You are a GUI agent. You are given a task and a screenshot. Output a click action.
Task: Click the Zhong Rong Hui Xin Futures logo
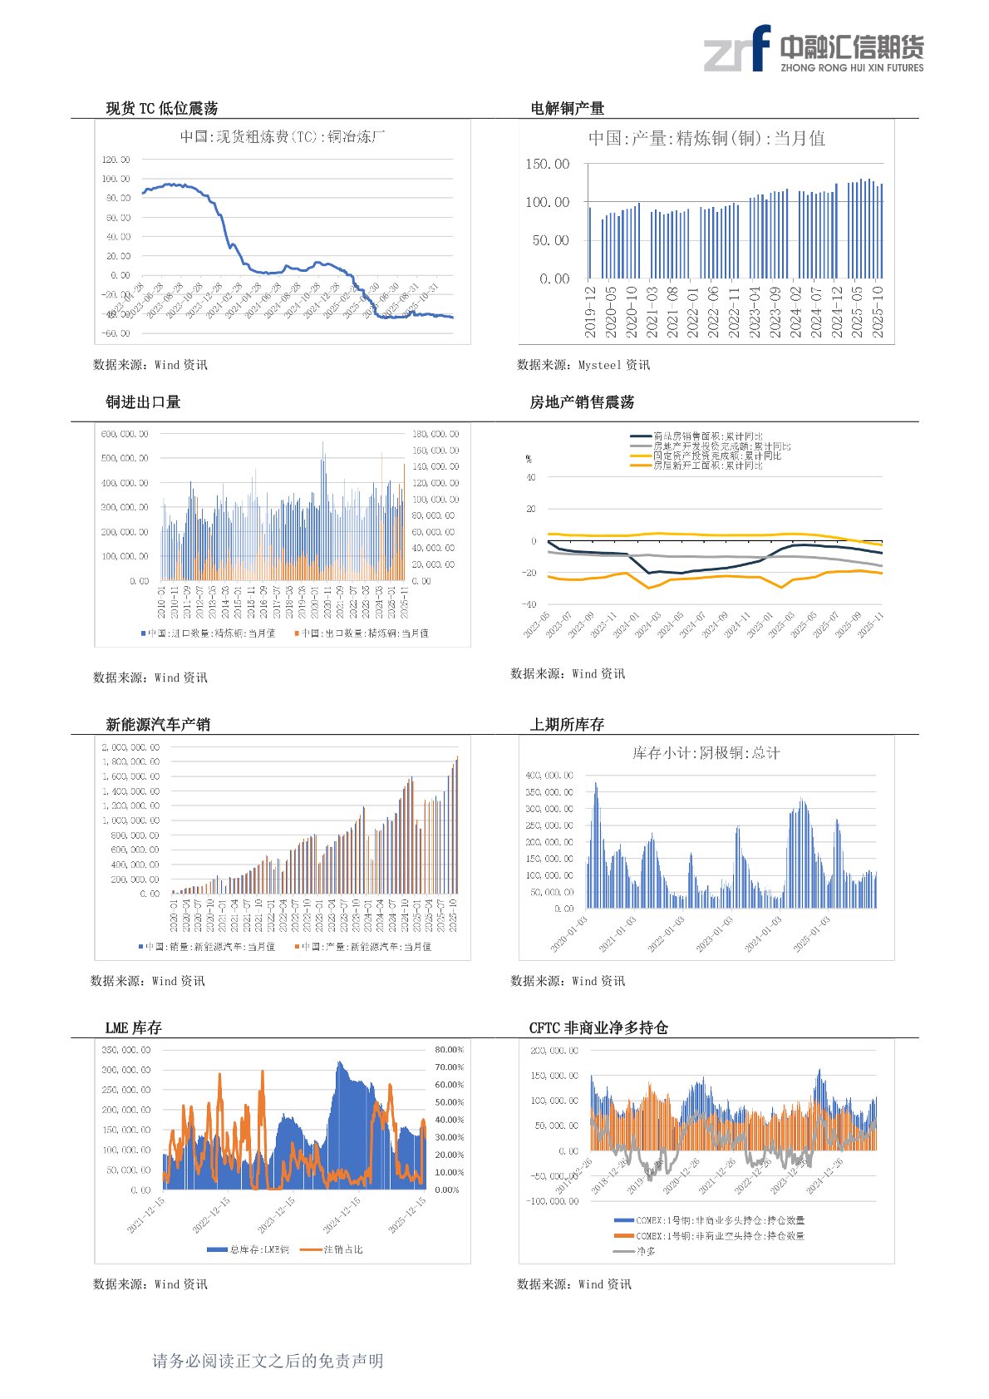tap(813, 49)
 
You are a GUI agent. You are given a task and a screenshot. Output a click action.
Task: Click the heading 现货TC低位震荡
tap(161, 109)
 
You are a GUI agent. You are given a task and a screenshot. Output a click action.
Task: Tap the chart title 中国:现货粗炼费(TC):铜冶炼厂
tap(283, 137)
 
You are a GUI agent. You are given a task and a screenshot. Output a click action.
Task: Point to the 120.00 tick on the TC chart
tap(116, 160)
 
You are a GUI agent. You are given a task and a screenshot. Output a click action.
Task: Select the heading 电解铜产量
tap(567, 109)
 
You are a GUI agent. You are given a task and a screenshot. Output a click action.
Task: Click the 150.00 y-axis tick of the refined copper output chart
tap(547, 165)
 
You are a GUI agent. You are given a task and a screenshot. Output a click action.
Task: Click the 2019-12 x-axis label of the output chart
tap(590, 312)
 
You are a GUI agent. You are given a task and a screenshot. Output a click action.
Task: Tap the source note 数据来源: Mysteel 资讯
tap(583, 365)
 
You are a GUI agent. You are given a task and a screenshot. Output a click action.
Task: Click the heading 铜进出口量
tap(143, 402)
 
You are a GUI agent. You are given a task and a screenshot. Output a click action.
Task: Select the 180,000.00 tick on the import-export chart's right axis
tap(435, 434)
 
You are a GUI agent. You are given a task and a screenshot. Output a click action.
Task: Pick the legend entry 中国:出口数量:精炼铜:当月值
tap(364, 633)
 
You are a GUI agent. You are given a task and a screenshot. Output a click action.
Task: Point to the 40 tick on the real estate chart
tap(531, 477)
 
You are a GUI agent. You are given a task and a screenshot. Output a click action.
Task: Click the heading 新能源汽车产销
tap(158, 725)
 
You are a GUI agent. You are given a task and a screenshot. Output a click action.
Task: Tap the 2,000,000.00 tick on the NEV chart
tap(131, 747)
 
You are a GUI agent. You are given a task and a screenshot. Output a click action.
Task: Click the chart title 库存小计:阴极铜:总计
tap(706, 753)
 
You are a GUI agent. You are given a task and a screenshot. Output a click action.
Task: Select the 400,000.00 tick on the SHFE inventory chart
tap(549, 775)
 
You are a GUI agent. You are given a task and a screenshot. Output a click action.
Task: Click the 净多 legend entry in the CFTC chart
tap(646, 1251)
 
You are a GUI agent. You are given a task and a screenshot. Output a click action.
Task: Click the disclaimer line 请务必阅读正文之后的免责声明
tap(268, 1361)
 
